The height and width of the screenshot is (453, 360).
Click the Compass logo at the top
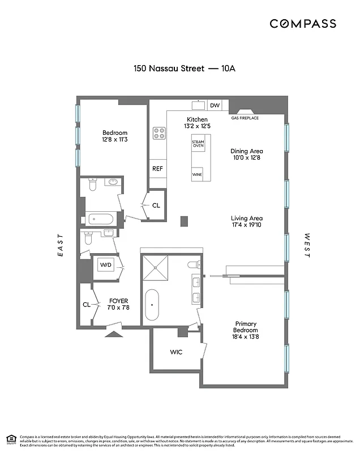coord(303,24)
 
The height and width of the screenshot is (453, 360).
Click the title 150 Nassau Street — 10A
coord(184,69)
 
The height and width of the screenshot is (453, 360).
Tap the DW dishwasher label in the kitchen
coord(215,105)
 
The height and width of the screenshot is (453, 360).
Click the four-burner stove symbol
coord(159,134)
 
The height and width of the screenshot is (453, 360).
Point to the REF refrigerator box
coord(157,169)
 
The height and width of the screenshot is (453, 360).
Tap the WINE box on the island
coord(197,174)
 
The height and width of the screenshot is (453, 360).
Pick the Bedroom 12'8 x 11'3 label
coord(115,136)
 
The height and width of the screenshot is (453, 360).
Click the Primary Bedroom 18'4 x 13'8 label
coord(246,330)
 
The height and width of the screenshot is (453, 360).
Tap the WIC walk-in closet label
coord(176,352)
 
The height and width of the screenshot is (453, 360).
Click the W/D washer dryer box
coord(105,264)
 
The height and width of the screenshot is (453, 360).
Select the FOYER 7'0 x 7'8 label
coord(119,304)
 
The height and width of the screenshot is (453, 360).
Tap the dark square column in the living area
coord(184,221)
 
